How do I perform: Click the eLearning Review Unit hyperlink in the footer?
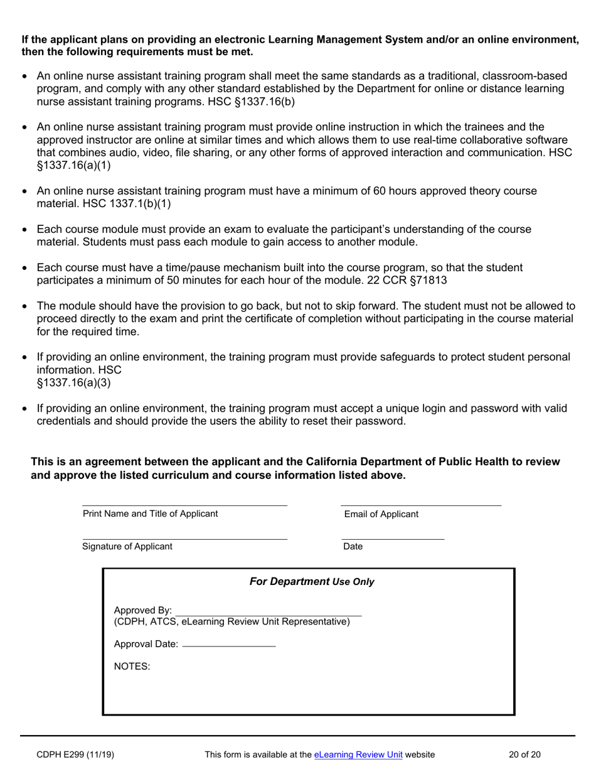tap(358, 755)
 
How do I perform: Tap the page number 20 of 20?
tap(526, 755)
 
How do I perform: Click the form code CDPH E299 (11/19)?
tap(75, 755)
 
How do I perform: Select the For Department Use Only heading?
tap(312, 581)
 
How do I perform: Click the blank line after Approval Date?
tap(228, 645)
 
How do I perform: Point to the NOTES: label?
tap(132, 667)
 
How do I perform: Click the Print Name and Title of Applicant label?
tap(151, 513)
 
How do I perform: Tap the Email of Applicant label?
tap(381, 514)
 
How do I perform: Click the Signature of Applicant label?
tap(127, 546)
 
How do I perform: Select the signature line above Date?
tap(393, 539)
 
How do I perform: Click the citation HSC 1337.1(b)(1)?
tap(127, 203)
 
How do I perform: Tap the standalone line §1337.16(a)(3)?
tap(74, 382)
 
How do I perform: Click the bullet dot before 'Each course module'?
tap(24, 230)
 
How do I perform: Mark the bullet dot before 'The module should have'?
tap(24, 307)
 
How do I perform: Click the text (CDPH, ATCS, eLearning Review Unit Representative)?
tap(231, 621)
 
